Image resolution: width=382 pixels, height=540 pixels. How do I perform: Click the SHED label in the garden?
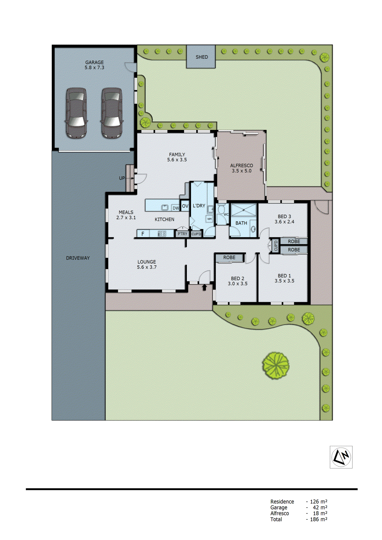click(x=202, y=57)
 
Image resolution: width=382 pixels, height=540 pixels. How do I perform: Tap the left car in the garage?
click(x=76, y=113)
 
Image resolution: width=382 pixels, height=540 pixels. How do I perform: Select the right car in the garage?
click(x=111, y=113)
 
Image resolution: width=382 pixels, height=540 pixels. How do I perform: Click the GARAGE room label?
click(x=94, y=62)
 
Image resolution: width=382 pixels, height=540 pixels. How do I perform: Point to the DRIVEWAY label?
click(x=78, y=258)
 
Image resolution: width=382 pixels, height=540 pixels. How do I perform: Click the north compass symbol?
click(x=341, y=457)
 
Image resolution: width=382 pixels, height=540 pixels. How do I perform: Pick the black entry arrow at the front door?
click(x=204, y=287)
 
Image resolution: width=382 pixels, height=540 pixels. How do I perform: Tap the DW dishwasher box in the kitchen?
click(x=176, y=208)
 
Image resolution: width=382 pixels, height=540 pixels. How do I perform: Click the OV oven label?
click(x=185, y=206)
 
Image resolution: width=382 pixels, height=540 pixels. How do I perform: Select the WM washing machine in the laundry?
click(x=209, y=219)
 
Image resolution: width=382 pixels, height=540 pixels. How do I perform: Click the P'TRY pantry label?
click(x=182, y=234)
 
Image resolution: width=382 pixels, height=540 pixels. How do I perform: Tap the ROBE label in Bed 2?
click(x=229, y=258)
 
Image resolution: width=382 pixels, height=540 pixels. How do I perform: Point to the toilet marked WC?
click(x=222, y=211)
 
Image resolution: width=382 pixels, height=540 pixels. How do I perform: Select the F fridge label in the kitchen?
click(x=143, y=234)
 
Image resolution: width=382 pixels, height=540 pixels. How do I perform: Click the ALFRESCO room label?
click(x=241, y=165)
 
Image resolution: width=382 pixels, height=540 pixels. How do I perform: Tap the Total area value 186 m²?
click(x=318, y=519)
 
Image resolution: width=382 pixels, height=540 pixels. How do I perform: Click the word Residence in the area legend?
click(x=282, y=502)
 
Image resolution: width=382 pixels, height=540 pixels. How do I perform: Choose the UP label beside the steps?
click(x=122, y=178)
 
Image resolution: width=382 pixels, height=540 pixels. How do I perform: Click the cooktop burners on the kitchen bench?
click(x=162, y=233)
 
